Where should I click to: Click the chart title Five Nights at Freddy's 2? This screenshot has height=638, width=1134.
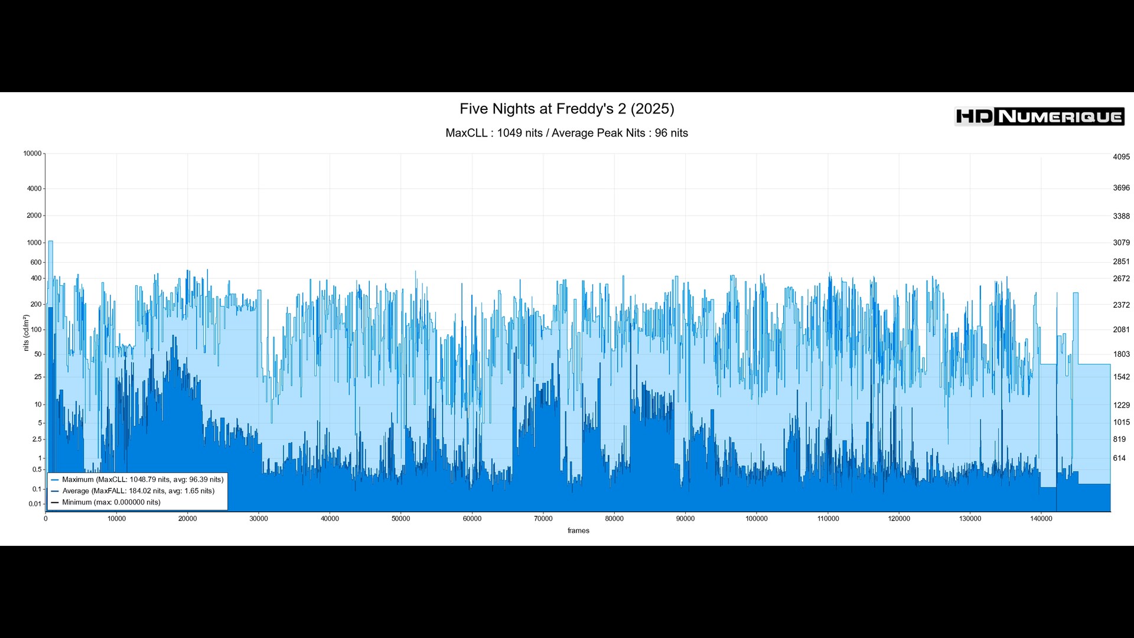(566, 109)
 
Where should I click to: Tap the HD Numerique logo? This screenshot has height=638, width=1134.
(1039, 116)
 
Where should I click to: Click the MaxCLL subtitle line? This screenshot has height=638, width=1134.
(566, 133)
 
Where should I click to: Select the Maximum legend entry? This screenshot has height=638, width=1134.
(142, 480)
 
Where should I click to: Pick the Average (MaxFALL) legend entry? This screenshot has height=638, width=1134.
(138, 491)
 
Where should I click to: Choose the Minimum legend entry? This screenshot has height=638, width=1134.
(111, 502)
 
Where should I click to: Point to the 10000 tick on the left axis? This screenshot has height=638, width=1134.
(32, 154)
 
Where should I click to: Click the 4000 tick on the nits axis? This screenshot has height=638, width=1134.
(34, 189)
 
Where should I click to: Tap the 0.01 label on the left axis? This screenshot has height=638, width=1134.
(35, 504)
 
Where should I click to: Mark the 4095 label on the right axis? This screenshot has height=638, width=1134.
(1121, 157)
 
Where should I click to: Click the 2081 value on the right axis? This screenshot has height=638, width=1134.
(1121, 330)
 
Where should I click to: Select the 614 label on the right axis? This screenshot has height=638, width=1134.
(1119, 458)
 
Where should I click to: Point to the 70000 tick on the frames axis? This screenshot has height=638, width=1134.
(543, 519)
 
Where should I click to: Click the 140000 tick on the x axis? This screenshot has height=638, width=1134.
(1041, 519)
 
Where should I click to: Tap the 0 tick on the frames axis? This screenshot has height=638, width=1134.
(45, 519)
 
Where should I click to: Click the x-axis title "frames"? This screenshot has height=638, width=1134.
(578, 530)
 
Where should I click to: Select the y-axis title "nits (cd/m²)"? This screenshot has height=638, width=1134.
(26, 333)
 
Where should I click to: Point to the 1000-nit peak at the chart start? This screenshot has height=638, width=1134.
(51, 242)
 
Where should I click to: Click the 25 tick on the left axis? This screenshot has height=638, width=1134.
(38, 377)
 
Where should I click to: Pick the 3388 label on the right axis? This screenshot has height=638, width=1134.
(1121, 216)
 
